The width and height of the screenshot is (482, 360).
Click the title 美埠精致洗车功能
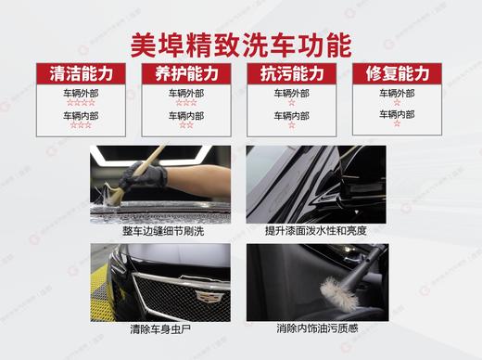(x=241, y=45)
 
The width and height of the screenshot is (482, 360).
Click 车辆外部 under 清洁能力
(x=81, y=94)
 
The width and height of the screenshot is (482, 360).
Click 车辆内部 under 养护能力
(x=186, y=116)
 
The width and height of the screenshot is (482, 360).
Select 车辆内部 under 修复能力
(x=397, y=114)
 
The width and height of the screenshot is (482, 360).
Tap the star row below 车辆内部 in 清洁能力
(x=81, y=125)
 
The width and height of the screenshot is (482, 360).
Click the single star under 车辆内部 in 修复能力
(x=397, y=124)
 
